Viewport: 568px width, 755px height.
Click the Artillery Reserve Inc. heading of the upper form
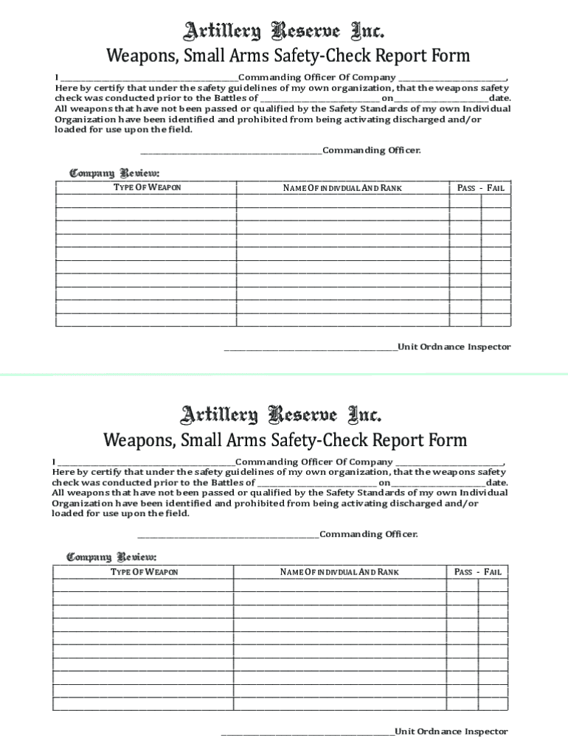click(x=283, y=31)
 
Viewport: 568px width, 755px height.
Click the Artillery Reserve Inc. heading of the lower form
click(x=280, y=414)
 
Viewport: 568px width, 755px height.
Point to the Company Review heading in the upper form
click(x=104, y=173)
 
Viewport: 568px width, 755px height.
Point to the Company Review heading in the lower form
click(x=101, y=557)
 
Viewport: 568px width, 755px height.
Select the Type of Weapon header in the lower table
click(x=145, y=572)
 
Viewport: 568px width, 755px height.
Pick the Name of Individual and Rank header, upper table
click(x=342, y=188)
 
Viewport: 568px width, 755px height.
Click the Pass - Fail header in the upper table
click(x=481, y=188)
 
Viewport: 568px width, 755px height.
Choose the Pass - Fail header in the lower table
click(x=478, y=572)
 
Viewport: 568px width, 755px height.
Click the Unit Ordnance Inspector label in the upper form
click(x=454, y=347)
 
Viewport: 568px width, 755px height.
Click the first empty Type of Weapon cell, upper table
click(x=146, y=201)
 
